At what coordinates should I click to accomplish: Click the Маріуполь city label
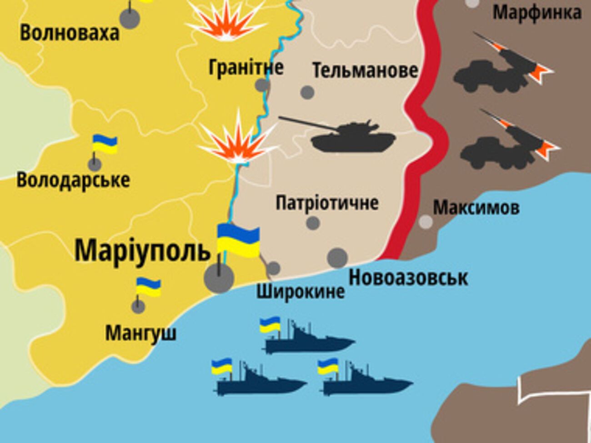(x=142, y=250)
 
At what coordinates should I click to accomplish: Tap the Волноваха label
(x=70, y=33)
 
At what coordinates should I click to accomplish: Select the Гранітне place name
(x=246, y=68)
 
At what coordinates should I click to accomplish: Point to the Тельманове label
(x=365, y=70)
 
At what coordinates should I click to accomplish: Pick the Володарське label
(x=73, y=180)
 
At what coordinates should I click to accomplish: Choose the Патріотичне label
(x=327, y=203)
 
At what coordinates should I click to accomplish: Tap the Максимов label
(x=476, y=208)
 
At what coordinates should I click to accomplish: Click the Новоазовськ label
(x=408, y=278)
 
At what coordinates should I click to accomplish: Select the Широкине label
(x=301, y=291)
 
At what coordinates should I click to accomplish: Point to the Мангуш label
(x=141, y=333)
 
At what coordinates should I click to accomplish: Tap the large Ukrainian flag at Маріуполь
(x=238, y=241)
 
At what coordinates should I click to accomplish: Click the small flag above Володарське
(x=105, y=144)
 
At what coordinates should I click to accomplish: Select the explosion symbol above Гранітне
(x=226, y=20)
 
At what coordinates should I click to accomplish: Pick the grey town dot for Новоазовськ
(x=337, y=258)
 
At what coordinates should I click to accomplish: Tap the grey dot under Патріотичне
(x=313, y=223)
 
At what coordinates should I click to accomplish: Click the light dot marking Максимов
(x=426, y=222)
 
